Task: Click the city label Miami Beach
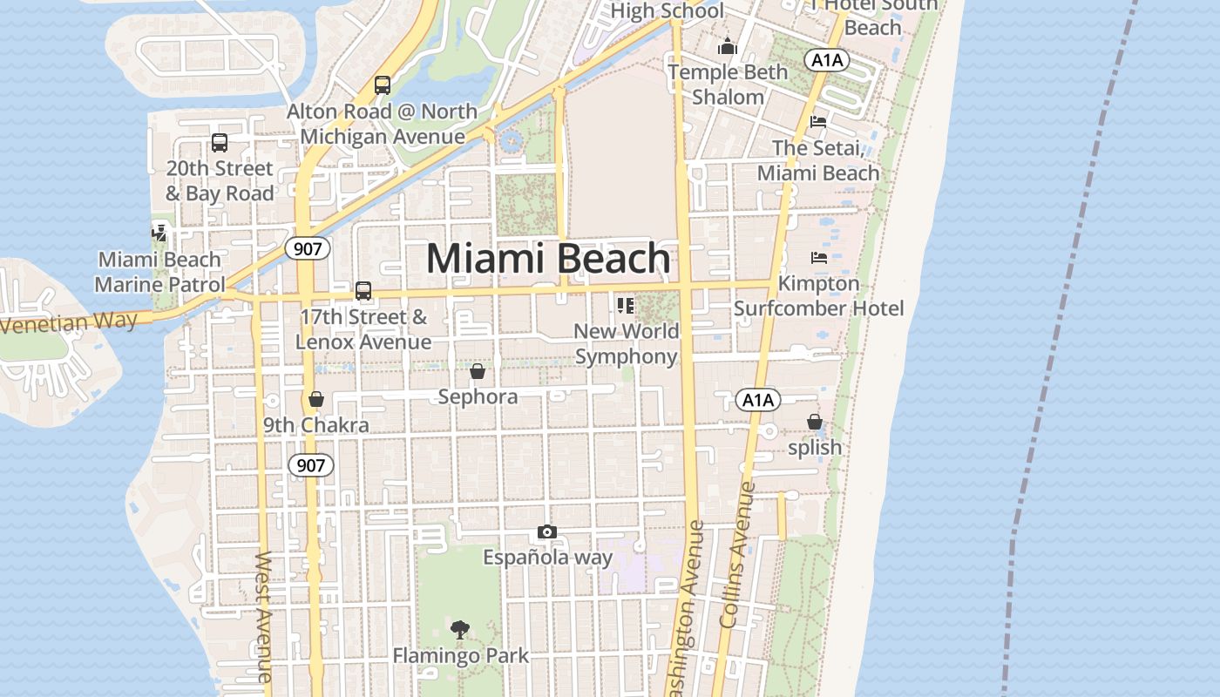coord(548,259)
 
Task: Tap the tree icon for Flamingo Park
coord(459,629)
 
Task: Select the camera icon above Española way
coord(546,531)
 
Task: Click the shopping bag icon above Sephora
coord(478,372)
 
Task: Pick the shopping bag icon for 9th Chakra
coord(315,399)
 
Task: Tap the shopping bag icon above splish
coord(814,423)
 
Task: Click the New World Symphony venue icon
coord(625,306)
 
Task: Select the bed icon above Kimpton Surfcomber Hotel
coord(818,258)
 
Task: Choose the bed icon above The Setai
coord(817,121)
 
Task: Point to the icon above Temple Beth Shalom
coord(728,47)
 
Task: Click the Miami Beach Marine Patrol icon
coord(159,233)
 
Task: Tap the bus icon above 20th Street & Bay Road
coord(220,142)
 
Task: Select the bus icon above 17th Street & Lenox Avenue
coord(363,290)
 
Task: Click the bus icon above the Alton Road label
coord(382,85)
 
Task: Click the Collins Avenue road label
coord(735,555)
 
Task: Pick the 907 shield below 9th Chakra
coord(310,465)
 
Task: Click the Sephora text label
coord(478,397)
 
